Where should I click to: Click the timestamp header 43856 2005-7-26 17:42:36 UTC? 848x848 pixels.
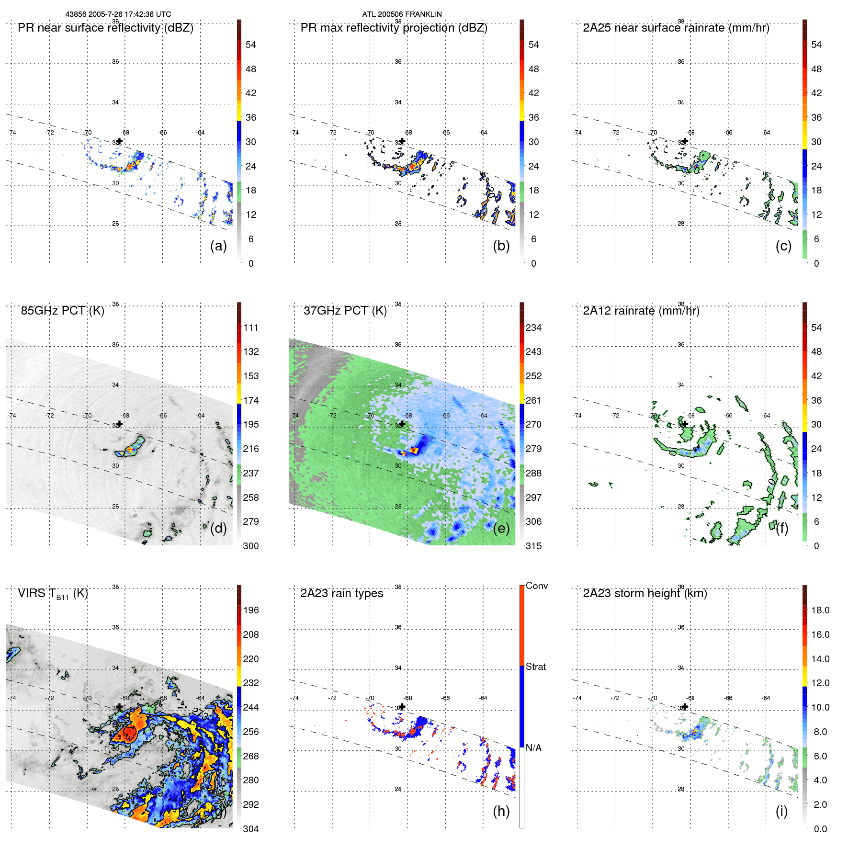(x=118, y=14)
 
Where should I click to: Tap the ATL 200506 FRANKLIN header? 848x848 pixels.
(x=402, y=14)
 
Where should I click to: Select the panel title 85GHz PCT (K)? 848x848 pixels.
(x=62, y=311)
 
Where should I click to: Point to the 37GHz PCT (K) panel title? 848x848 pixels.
(x=345, y=311)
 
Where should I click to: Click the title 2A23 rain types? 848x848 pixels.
(x=341, y=593)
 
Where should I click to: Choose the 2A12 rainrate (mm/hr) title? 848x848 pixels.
(x=641, y=311)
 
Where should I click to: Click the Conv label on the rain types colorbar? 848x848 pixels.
(x=536, y=586)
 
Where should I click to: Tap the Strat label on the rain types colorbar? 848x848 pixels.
(x=535, y=667)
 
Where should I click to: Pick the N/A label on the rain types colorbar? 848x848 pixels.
(x=533, y=748)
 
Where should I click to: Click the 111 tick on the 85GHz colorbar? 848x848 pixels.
(x=250, y=328)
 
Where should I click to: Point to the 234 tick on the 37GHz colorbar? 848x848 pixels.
(x=533, y=328)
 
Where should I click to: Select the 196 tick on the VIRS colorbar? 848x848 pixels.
(x=250, y=610)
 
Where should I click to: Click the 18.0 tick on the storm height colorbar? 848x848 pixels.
(x=820, y=610)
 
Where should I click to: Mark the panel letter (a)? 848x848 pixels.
(x=218, y=246)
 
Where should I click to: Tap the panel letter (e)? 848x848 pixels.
(x=501, y=529)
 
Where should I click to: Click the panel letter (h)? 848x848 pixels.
(x=501, y=811)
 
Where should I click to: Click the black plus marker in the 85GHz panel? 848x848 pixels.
(x=120, y=424)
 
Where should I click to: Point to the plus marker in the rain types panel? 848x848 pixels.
(x=402, y=706)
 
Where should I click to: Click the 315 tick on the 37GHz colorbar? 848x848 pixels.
(x=533, y=546)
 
